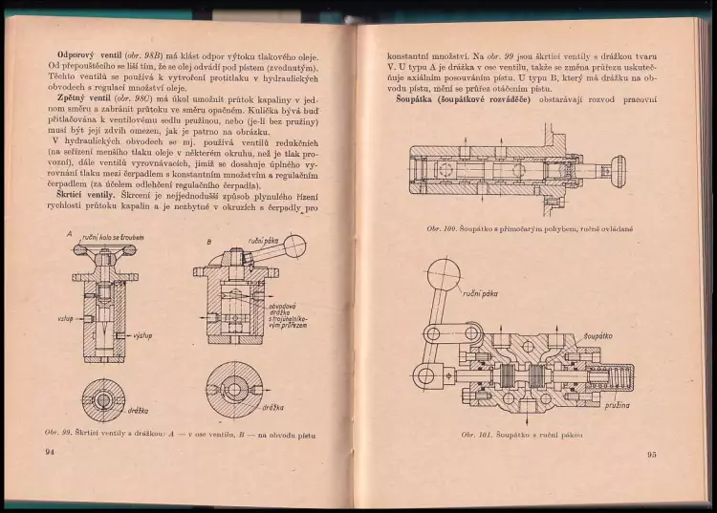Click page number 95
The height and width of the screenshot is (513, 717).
click(x=651, y=454)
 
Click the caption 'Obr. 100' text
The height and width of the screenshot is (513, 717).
click(x=445, y=228)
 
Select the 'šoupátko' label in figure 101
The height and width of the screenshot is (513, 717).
click(x=611, y=337)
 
